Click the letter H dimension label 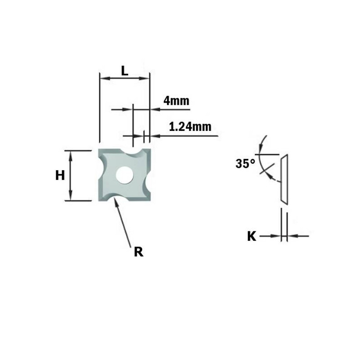tap(60, 175)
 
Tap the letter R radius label tap(139, 252)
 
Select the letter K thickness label tap(252, 236)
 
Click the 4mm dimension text tap(176, 101)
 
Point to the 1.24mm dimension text tap(190, 127)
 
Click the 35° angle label tap(245, 164)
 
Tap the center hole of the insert tap(125, 175)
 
